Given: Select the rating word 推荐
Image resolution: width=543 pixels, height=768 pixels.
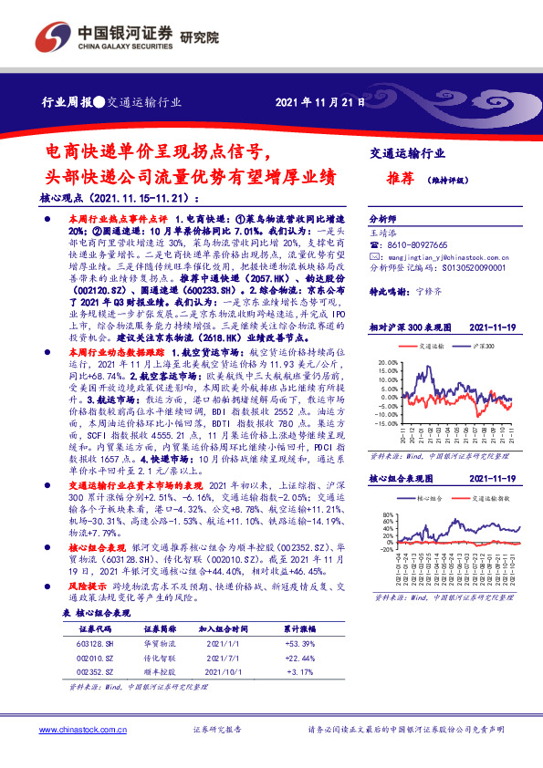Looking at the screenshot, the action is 392,179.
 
